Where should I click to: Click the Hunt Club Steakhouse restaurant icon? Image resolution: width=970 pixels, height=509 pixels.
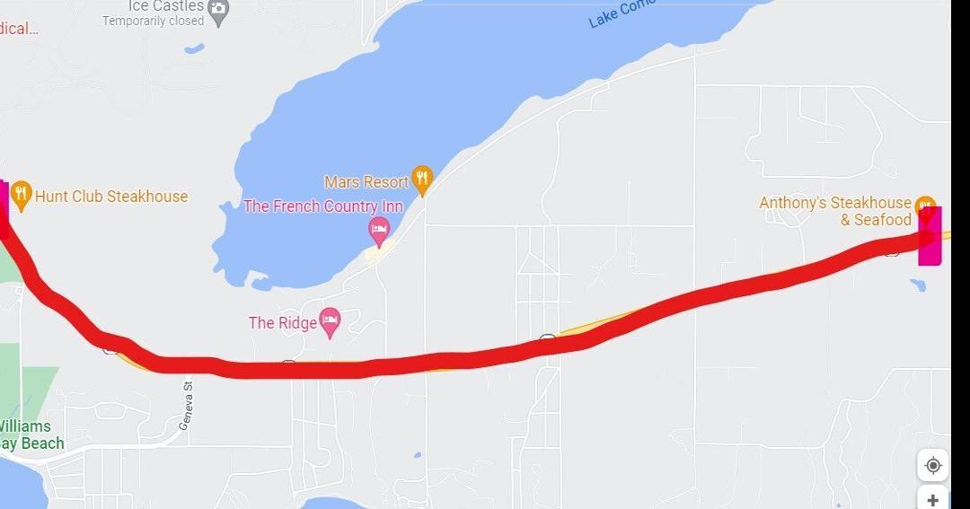coord(22,195)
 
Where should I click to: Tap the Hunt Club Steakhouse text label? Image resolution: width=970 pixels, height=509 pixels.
coord(111,197)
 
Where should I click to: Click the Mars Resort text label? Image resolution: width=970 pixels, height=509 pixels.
coord(366,182)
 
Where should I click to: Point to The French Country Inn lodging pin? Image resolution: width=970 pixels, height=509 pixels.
coord(379,230)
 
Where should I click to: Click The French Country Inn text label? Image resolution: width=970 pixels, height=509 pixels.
coord(323,206)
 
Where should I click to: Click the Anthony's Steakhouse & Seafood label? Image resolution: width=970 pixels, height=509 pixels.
coord(835,211)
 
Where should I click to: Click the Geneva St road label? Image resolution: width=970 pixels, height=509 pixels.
coord(186,405)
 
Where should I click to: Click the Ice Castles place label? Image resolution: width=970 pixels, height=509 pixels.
coord(166,5)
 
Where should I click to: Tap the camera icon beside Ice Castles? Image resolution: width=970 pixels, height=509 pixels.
coord(218,11)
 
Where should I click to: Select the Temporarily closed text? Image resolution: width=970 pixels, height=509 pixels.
coord(153,22)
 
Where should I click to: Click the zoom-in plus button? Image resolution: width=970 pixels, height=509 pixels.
coord(933,499)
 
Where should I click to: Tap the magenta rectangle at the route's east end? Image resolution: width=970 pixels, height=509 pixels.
coord(930,236)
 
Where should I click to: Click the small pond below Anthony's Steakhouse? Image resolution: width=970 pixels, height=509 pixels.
coord(917,285)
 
